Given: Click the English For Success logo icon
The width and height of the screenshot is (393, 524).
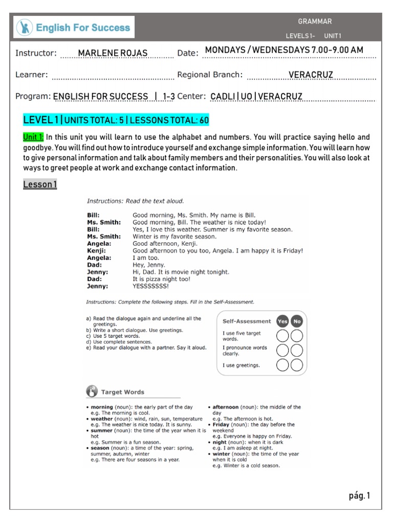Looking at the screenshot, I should (24, 27).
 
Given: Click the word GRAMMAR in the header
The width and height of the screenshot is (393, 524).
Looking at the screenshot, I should (315, 21).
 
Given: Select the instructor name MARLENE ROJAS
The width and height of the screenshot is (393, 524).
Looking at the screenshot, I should (113, 53).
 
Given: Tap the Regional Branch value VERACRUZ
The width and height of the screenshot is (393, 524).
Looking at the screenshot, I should (311, 75).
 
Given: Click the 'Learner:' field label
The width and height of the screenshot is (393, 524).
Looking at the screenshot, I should (32, 75).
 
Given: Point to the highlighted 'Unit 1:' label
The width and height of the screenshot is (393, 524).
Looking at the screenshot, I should (33, 138).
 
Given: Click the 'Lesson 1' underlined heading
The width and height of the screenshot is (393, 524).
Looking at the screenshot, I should (40, 184).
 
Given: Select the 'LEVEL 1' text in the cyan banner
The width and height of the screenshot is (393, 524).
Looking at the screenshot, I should (41, 120).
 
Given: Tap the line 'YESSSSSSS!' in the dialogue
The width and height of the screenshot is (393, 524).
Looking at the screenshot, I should (150, 287).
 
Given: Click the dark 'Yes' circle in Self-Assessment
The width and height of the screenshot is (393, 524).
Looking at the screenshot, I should (282, 321).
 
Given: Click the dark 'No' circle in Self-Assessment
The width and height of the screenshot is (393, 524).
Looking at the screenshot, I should (297, 321).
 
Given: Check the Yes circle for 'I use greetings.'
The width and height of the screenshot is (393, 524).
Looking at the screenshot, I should (282, 365).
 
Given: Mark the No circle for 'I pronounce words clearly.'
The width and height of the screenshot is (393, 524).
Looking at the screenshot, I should (297, 351).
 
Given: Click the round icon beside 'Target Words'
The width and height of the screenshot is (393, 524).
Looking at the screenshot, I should (92, 392).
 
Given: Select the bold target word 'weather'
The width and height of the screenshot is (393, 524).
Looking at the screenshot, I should (102, 419).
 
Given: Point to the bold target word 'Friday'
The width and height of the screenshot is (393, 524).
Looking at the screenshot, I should (221, 425).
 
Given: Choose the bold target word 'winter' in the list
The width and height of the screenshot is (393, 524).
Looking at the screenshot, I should (221, 454).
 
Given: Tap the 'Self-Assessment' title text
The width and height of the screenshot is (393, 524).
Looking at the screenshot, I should (247, 321).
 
